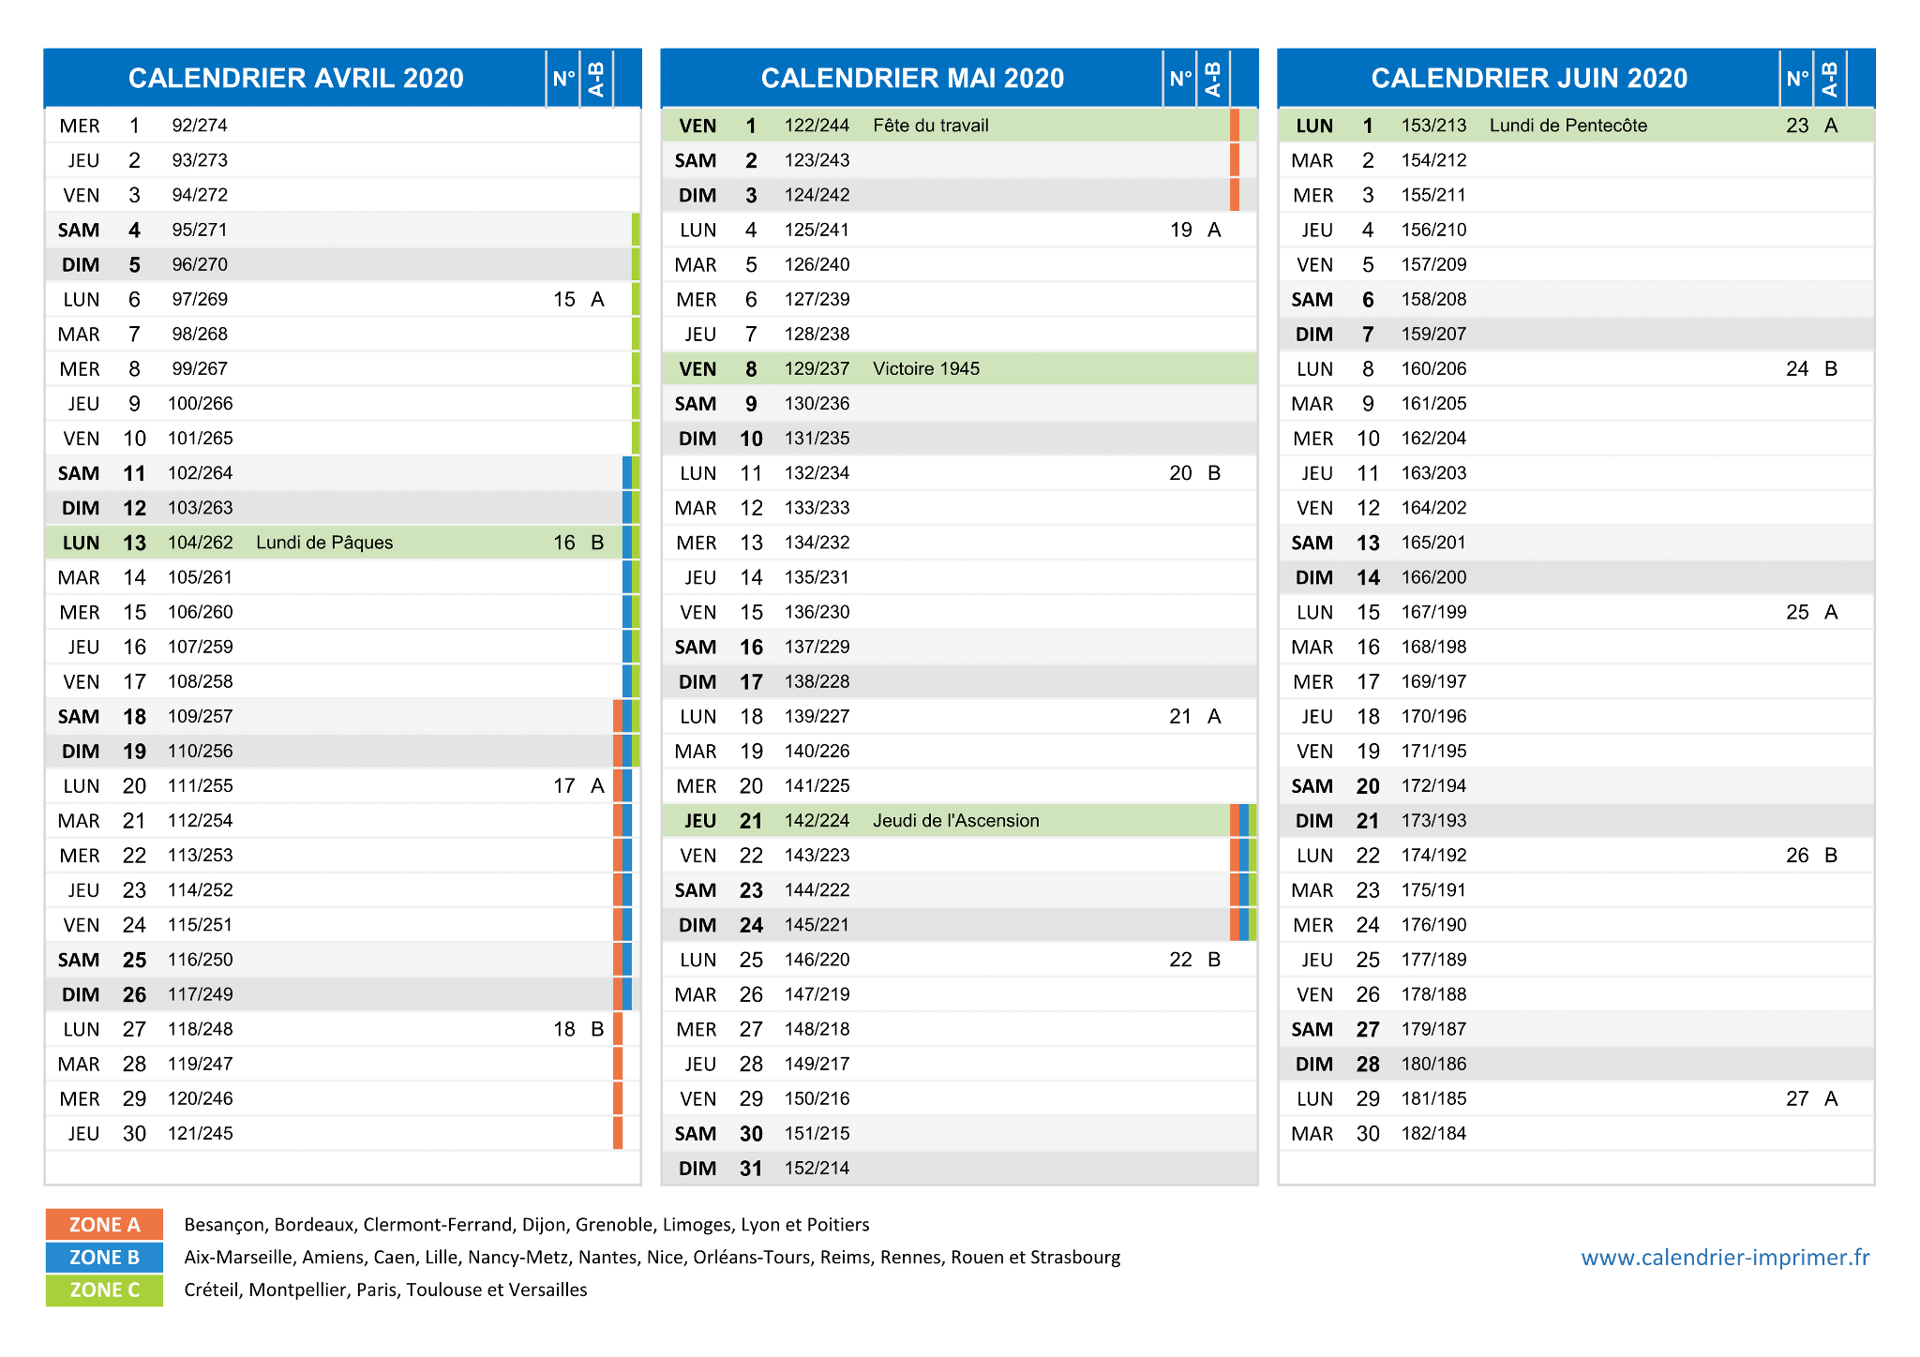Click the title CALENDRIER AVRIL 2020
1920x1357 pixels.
(295, 78)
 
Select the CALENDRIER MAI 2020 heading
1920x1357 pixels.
(912, 78)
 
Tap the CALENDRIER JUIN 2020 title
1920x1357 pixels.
(1529, 78)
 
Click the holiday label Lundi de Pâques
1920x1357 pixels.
(324, 543)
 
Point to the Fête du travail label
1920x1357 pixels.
(930, 126)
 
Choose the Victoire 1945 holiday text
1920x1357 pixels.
(926, 369)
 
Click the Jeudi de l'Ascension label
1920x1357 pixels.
(956, 821)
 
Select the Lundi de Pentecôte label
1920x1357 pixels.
(1567, 126)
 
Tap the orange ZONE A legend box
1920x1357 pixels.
(104, 1225)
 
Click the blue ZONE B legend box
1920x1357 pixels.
(104, 1258)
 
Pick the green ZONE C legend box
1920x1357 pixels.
(104, 1290)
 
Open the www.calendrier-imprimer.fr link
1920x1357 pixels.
(1725, 1258)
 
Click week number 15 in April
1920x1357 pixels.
(564, 300)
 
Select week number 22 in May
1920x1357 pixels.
(1180, 960)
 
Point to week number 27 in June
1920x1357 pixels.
(1797, 1098)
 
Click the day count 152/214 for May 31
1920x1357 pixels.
(817, 1169)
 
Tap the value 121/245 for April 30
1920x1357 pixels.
(201, 1134)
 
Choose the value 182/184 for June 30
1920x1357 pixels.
(1434, 1134)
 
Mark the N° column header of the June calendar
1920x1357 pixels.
(1797, 79)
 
